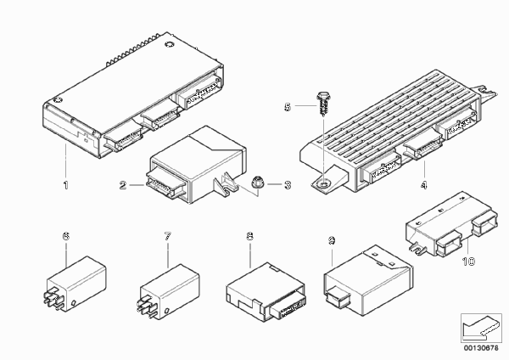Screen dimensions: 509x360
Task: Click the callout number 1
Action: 66,185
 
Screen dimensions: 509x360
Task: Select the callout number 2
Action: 123,185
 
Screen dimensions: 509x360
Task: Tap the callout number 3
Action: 288,185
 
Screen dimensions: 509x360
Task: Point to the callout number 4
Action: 423,185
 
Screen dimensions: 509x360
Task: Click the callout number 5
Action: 288,107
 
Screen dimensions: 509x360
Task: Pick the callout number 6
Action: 66,236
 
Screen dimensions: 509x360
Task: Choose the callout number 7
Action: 168,236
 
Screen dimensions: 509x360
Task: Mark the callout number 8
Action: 249,236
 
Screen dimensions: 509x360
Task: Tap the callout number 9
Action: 332,241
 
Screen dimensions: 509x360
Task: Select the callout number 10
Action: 468,262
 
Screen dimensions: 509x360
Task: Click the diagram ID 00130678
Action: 481,348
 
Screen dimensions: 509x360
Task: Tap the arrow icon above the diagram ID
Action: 481,328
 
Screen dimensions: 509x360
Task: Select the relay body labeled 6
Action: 76,284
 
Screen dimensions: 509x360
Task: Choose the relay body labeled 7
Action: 170,290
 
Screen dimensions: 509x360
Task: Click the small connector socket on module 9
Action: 338,296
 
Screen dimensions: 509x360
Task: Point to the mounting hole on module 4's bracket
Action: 322,184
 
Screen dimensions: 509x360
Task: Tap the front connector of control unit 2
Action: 165,183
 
